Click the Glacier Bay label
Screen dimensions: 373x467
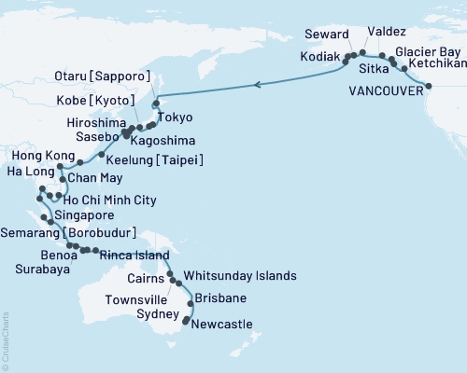(x=427, y=51)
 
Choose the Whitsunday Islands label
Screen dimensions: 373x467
(x=240, y=276)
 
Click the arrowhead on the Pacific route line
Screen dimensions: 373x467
(x=259, y=85)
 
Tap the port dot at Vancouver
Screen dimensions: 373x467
(x=428, y=86)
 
